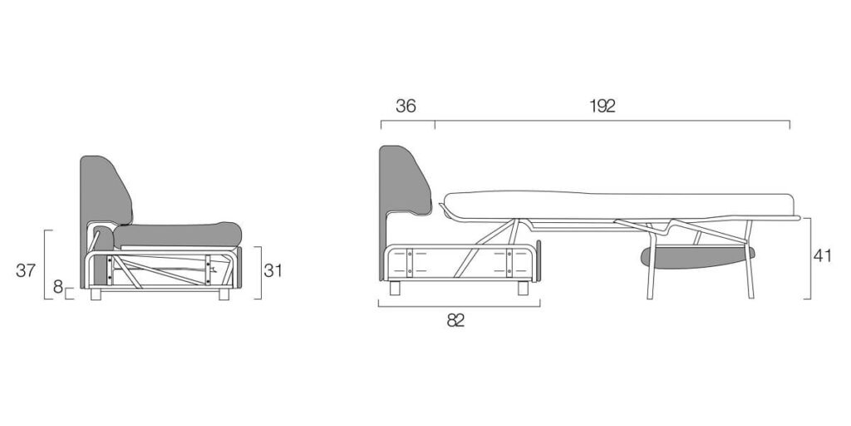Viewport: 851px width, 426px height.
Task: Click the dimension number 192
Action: [603, 106]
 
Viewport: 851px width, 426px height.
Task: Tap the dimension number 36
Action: [406, 106]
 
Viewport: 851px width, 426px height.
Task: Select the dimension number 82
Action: [456, 320]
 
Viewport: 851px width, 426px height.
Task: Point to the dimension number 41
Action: [822, 255]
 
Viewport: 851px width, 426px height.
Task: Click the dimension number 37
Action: [26, 270]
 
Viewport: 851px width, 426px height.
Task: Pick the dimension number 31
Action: [273, 270]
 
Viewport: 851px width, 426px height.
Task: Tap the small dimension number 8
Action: [58, 287]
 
